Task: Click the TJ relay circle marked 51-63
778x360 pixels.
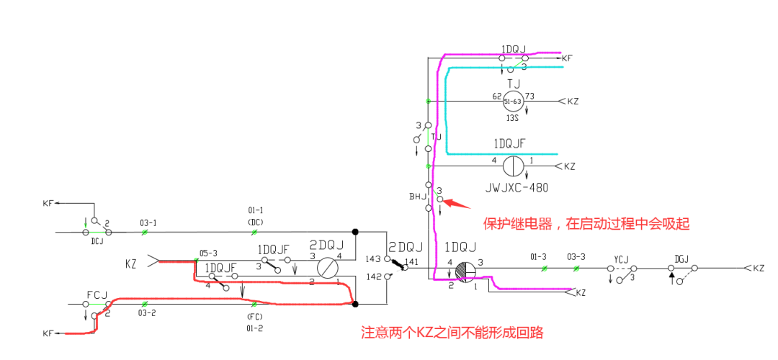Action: click(x=512, y=102)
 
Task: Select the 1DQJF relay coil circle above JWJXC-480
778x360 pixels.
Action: click(x=512, y=166)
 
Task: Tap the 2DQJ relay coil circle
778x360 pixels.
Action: click(x=328, y=268)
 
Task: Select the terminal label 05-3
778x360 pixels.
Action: click(x=208, y=253)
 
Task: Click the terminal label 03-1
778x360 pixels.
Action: click(x=148, y=223)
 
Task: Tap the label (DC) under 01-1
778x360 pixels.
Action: click(x=255, y=222)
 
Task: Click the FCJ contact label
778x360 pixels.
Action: click(x=97, y=294)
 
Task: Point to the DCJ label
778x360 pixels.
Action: click(x=97, y=242)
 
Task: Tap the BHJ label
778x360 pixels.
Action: click(x=418, y=196)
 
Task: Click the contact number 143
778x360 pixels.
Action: click(x=373, y=258)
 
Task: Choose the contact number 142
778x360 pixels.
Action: click(x=373, y=276)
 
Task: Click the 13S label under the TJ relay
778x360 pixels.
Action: click(x=513, y=117)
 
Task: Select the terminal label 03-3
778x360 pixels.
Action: click(x=576, y=256)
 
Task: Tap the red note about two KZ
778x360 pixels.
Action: click(x=452, y=333)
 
